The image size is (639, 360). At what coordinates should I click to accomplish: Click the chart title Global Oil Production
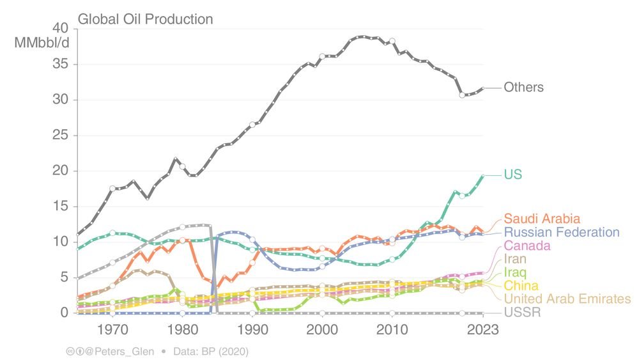click(145, 19)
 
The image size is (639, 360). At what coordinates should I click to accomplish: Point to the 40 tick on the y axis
click(59, 29)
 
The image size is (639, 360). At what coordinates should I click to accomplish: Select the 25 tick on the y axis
click(59, 136)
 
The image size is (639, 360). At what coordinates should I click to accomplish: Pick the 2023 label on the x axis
click(482, 329)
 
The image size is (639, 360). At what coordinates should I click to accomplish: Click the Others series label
click(523, 88)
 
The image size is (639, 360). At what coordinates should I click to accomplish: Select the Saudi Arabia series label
click(542, 219)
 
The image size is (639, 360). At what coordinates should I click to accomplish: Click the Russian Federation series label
click(562, 232)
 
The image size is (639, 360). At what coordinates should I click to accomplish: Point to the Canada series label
click(527, 246)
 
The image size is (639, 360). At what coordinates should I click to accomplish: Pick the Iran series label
click(515, 259)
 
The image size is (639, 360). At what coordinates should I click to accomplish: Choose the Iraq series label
click(515, 272)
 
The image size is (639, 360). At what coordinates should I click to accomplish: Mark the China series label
click(521, 286)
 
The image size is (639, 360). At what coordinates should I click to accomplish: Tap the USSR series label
click(521, 313)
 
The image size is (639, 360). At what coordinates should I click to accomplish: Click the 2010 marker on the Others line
click(392, 41)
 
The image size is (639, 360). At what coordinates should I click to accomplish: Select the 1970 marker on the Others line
click(112, 189)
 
